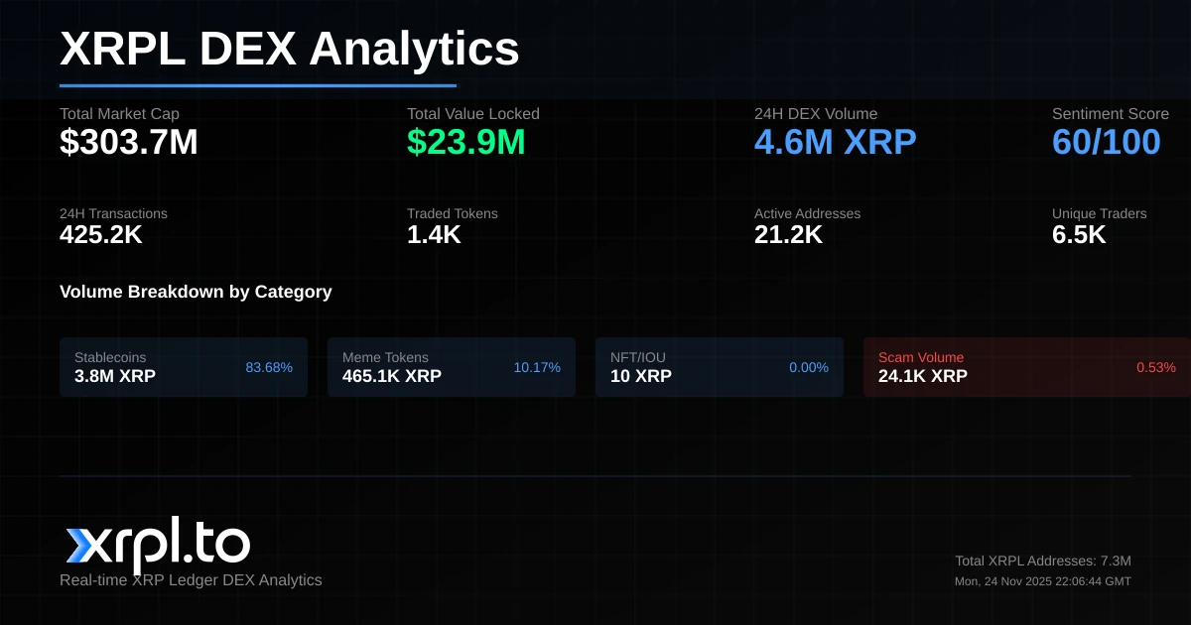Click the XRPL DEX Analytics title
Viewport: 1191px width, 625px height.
click(289, 49)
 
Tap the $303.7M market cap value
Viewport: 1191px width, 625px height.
click(129, 143)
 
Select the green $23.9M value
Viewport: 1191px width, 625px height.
click(465, 143)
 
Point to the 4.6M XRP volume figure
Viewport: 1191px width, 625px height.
click(835, 143)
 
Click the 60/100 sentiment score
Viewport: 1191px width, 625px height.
click(1106, 143)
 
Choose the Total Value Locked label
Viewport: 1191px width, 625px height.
click(472, 114)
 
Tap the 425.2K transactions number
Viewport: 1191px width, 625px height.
click(101, 235)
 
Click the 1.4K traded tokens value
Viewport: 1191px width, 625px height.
click(434, 235)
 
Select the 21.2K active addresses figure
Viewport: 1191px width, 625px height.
click(788, 235)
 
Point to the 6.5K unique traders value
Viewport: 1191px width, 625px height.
click(1079, 235)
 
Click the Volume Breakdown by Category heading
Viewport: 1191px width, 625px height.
click(196, 292)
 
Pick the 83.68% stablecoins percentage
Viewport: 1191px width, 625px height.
click(269, 367)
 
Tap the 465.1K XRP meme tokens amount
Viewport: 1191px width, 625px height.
click(392, 376)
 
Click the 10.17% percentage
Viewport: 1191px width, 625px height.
click(537, 367)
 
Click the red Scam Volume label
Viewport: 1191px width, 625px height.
click(921, 357)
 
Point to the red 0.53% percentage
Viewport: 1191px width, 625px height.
click(1156, 367)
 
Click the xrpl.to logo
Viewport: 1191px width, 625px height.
click(158, 545)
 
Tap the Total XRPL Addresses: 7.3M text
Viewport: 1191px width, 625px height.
click(1043, 561)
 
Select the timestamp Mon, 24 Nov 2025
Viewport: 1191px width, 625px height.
click(1043, 581)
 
